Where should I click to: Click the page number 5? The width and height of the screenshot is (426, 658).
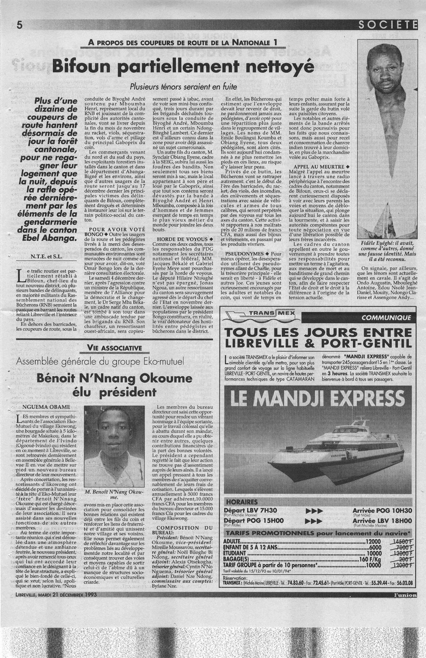pos(19,25)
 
